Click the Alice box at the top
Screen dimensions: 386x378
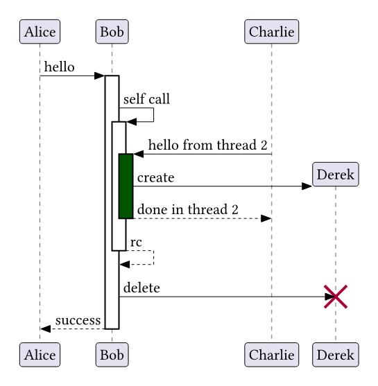pos(40,31)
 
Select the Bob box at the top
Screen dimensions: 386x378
pos(112,31)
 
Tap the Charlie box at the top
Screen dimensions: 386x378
pos(272,31)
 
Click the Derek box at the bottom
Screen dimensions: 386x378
pos(336,355)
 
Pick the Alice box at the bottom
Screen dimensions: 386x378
pos(40,355)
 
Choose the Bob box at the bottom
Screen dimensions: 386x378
pos(112,355)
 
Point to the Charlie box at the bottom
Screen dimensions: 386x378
pos(272,355)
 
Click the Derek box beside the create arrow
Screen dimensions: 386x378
pos(336,174)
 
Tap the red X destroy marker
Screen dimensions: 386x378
pos(336,297)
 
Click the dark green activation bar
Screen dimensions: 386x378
pos(126,186)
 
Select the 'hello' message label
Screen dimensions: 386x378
pos(60,67)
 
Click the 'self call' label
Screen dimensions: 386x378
pos(146,99)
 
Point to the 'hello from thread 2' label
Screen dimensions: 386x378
pos(207,146)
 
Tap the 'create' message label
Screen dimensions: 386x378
pos(155,178)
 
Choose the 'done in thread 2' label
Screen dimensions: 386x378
pos(187,209)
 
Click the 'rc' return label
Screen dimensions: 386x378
pos(136,242)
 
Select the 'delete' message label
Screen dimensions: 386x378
pos(141,288)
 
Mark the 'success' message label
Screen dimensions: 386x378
pos(78,320)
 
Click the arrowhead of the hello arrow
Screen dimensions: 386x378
pos(100,76)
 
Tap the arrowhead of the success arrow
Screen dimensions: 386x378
pos(46,328)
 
